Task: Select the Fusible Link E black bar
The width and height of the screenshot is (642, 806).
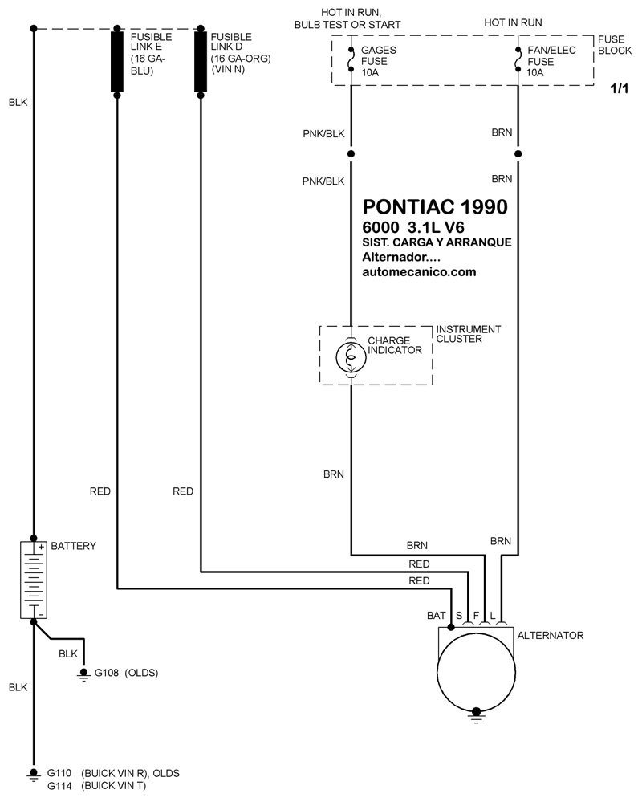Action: [117, 61]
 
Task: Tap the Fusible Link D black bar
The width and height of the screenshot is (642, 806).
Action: [201, 61]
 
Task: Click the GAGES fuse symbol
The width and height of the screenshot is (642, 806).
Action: [351, 59]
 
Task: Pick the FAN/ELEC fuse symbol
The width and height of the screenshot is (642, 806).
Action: [518, 59]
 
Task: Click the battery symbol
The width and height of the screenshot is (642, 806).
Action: [34, 580]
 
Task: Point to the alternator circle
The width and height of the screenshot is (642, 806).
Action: [476, 672]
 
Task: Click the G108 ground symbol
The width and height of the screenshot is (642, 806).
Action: [83, 674]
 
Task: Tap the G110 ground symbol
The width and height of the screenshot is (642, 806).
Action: [34, 774]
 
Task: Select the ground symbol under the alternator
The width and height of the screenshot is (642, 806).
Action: [477, 715]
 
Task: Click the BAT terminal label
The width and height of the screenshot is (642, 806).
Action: [436, 615]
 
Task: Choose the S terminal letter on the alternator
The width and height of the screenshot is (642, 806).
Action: [459, 615]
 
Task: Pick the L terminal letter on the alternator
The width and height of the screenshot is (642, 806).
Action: [493, 615]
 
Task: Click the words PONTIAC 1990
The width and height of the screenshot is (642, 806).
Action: [435, 206]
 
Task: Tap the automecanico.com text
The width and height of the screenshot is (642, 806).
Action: [419, 272]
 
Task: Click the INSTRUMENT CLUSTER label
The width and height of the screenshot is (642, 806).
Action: [469, 334]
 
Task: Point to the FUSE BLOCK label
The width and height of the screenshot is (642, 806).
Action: [614, 45]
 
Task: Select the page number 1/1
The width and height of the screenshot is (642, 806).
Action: [620, 88]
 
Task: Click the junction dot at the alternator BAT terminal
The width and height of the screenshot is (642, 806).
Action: [451, 627]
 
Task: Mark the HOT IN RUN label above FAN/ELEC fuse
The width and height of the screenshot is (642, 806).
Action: [513, 22]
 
